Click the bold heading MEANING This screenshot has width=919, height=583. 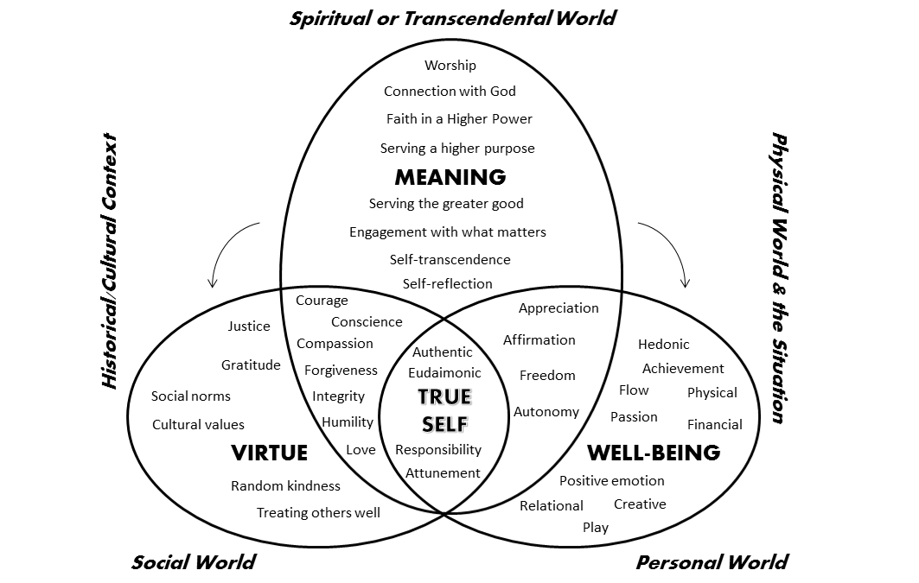click(x=450, y=177)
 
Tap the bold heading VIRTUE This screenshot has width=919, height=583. click(x=269, y=452)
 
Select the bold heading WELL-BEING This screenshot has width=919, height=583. click(x=653, y=452)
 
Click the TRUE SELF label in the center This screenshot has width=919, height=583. click(x=444, y=410)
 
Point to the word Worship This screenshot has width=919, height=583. click(x=450, y=65)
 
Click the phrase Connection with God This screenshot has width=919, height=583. click(x=450, y=91)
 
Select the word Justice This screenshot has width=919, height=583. click(x=249, y=326)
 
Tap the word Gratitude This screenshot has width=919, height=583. click(x=251, y=364)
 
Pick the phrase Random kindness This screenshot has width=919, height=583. click(x=285, y=485)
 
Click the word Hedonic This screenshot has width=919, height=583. click(x=663, y=345)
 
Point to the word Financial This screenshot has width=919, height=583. click(x=714, y=424)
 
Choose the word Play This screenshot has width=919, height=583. click(x=595, y=527)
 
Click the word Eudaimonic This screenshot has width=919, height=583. click(x=444, y=373)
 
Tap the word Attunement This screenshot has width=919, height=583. click(x=443, y=472)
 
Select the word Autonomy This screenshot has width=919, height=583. click(x=546, y=411)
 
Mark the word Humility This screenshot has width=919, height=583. click(x=348, y=422)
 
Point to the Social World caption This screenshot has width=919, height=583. click(x=193, y=562)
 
